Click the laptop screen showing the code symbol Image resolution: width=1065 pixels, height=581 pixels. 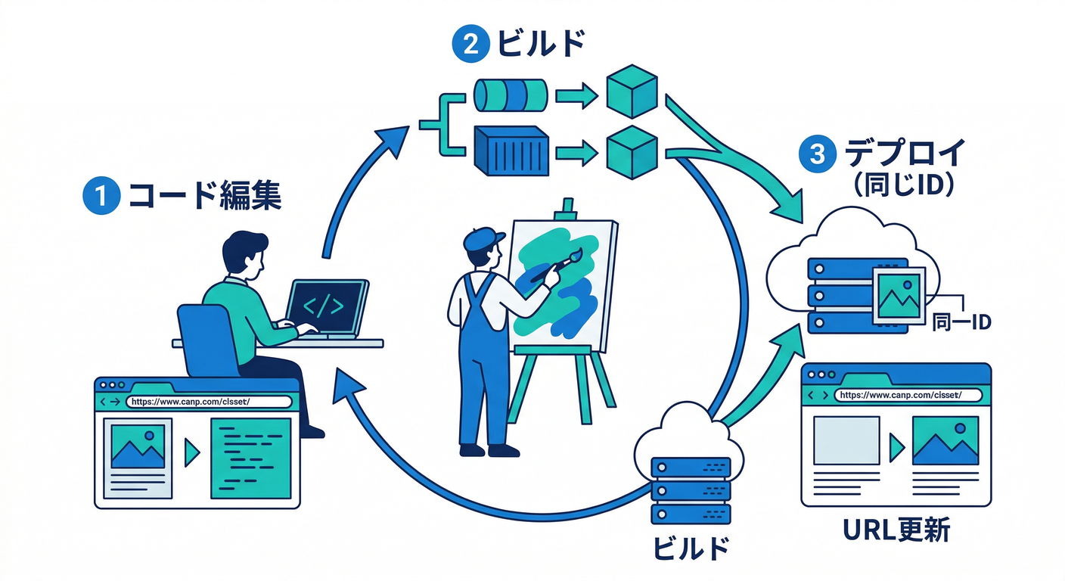click(323, 306)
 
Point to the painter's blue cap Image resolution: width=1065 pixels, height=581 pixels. click(481, 241)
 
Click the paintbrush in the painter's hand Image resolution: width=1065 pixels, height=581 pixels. click(558, 265)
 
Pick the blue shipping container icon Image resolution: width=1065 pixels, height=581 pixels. click(510, 148)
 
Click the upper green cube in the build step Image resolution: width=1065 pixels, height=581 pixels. click(632, 92)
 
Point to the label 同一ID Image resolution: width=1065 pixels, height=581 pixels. click(960, 323)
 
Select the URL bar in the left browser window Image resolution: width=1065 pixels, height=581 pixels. click(208, 402)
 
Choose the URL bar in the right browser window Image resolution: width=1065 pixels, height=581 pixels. click(908, 394)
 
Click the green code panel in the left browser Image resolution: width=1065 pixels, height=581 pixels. click(250, 458)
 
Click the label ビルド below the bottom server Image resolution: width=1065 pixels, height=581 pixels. click(691, 547)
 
